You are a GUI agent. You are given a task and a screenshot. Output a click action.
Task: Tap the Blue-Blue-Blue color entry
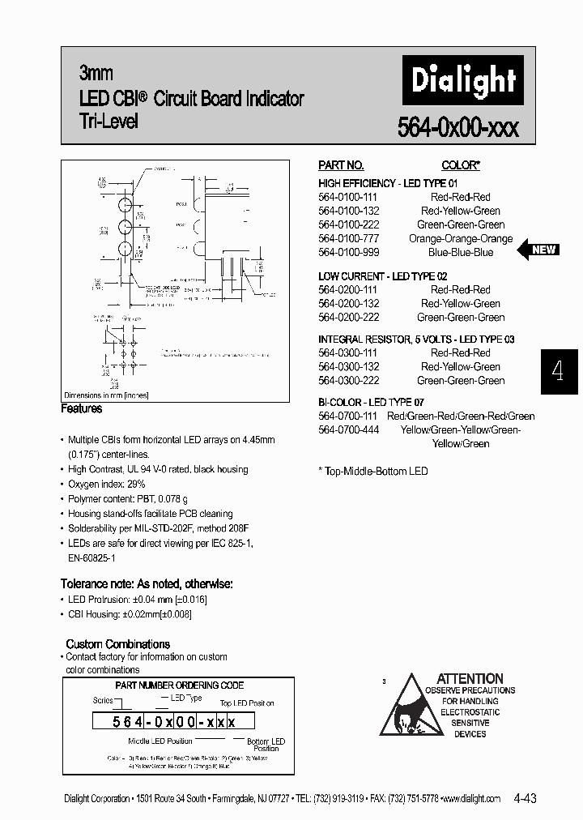[x=460, y=252]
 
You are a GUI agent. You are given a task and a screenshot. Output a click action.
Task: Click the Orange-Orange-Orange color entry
[x=460, y=238]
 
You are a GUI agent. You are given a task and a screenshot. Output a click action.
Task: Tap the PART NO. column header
[x=341, y=164]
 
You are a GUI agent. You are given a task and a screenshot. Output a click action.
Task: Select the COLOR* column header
[x=460, y=164]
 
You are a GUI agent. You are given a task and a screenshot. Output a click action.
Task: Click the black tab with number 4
[x=557, y=371]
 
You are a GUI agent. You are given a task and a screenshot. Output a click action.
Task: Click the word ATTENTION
[x=470, y=678]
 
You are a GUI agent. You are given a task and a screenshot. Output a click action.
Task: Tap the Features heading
[x=82, y=409]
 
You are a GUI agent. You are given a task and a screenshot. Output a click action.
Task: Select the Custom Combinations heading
[x=117, y=644]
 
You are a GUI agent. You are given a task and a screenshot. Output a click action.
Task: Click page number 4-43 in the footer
[x=525, y=798]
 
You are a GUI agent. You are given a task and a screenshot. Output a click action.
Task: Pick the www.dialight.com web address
[x=471, y=798]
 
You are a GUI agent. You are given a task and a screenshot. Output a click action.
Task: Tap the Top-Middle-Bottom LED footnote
[x=373, y=471]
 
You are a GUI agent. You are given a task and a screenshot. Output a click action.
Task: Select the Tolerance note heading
[x=147, y=583]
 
